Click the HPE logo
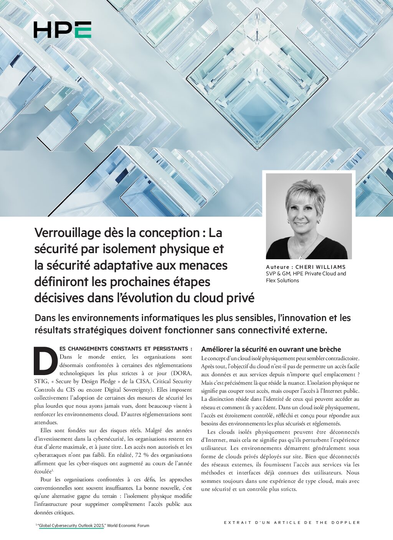coord(62,30)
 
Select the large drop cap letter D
coord(46,361)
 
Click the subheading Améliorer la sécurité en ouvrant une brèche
coord(271,349)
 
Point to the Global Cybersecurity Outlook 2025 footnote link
coord(71,525)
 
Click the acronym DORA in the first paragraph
coord(183,373)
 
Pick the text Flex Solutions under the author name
coord(282,280)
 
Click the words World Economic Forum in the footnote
coord(128,525)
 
